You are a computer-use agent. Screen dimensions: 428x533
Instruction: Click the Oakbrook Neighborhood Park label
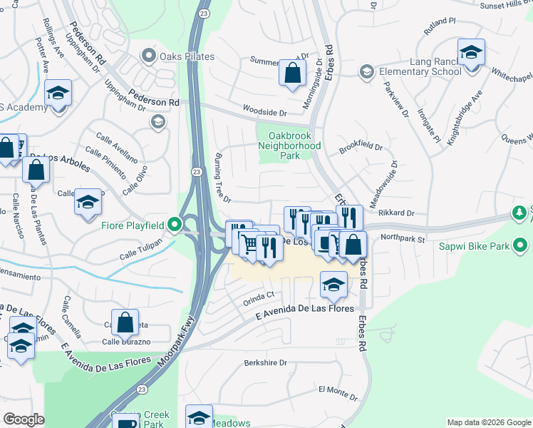pos(294,146)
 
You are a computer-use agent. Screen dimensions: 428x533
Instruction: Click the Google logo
pos(24,419)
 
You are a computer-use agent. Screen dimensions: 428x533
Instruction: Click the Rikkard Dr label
pos(397,213)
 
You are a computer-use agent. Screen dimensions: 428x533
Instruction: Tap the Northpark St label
pos(402,238)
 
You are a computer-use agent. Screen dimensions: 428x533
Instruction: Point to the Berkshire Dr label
pos(265,362)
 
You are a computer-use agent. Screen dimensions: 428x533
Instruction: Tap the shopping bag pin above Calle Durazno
pos(125,322)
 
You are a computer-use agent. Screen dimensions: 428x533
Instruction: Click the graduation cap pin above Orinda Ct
pos(333,285)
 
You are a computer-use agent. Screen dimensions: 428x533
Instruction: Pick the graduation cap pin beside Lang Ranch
pos(471,52)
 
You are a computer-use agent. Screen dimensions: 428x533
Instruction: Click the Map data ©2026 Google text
pos(488,422)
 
